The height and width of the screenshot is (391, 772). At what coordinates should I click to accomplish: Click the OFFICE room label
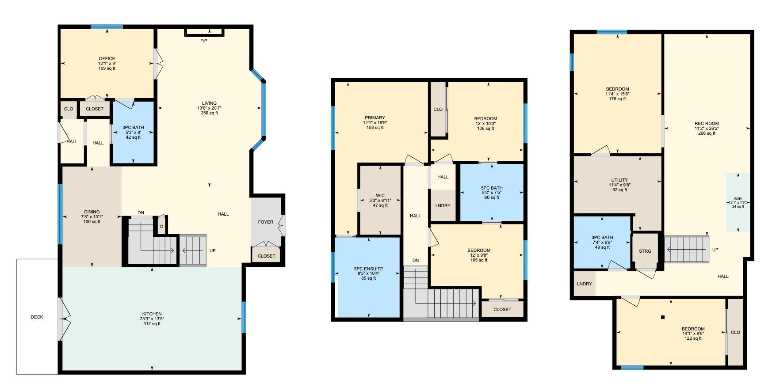coord(107,59)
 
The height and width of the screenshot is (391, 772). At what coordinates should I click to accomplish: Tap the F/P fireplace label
coord(204,41)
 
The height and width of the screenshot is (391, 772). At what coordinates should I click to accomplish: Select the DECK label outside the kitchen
coord(37,317)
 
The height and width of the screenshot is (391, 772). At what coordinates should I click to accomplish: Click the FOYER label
coord(266,222)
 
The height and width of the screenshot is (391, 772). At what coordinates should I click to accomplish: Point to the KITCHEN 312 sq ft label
coord(152,319)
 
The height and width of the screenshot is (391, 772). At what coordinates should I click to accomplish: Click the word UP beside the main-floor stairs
coord(213,251)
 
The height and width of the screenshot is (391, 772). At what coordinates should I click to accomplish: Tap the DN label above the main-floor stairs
coord(141,213)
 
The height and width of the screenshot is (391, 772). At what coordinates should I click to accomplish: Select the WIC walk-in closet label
coord(380,195)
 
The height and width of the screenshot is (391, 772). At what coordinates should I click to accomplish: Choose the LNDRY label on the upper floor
coord(443,206)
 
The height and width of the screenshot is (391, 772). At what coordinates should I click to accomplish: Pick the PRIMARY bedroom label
coord(375,118)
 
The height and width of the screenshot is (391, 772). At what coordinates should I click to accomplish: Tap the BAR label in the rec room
coord(738,199)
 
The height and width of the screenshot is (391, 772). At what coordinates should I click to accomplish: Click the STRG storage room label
coord(645,251)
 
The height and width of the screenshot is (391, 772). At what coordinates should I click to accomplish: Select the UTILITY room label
coord(619,180)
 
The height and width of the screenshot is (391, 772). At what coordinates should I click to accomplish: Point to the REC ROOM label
coord(707,124)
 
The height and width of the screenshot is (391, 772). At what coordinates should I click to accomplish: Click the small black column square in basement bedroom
coord(663,317)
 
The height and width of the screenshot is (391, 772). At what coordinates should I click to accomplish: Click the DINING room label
coord(92,212)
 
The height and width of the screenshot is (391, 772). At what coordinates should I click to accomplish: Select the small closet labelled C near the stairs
coord(161,227)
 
